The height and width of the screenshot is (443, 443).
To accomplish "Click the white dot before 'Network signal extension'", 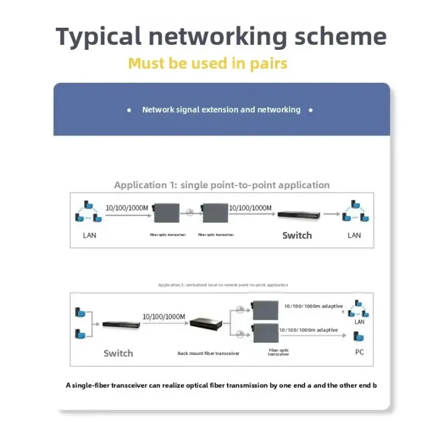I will (129, 110).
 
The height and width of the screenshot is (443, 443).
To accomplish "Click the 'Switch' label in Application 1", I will (297, 235).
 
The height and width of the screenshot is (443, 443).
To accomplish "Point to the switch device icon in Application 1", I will (298, 215).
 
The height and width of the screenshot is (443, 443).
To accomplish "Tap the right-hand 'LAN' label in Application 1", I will (354, 235).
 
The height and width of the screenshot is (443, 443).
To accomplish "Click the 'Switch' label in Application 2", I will (118, 353).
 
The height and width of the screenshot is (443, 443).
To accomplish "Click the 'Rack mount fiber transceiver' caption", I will (209, 353).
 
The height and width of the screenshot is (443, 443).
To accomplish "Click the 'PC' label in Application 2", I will (360, 353).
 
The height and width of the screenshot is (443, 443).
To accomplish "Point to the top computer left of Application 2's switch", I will (78, 313).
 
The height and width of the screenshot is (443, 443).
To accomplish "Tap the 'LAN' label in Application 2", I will (360, 322).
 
